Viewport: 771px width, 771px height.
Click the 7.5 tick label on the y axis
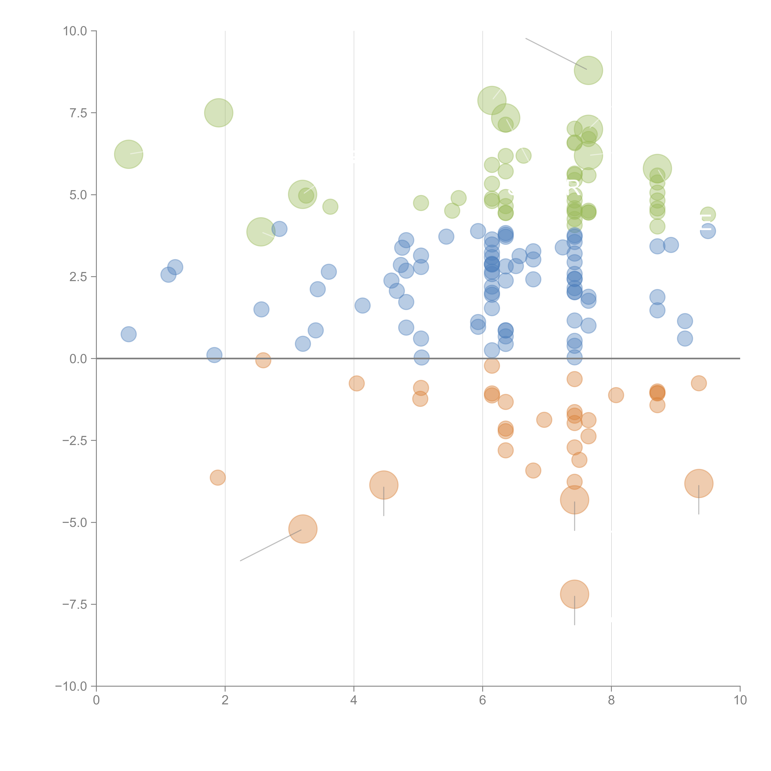pyautogui.click(x=78, y=113)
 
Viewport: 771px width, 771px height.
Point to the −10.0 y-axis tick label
pyautogui.click(x=71, y=686)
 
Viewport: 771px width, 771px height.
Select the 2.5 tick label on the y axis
pyautogui.click(x=78, y=276)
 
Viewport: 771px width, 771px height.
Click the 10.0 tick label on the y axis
pyautogui.click(x=75, y=31)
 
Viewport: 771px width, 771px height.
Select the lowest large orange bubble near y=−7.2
pyautogui.click(x=574, y=594)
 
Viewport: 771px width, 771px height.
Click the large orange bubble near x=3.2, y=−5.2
pyautogui.click(x=303, y=529)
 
